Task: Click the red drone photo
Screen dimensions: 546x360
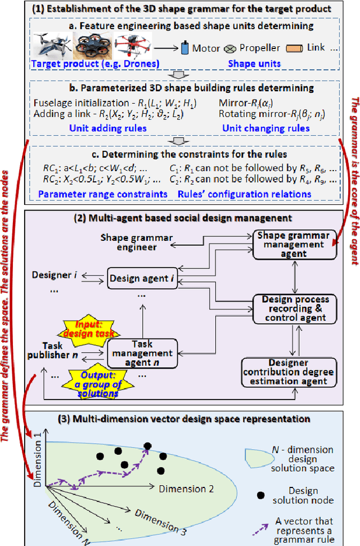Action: pyautogui.click(x=133, y=46)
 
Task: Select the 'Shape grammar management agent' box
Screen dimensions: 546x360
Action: pyautogui.click(x=291, y=245)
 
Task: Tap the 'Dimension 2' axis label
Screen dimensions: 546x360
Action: pyautogui.click(x=186, y=489)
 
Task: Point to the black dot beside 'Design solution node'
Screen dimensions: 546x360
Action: pyautogui.click(x=260, y=495)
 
